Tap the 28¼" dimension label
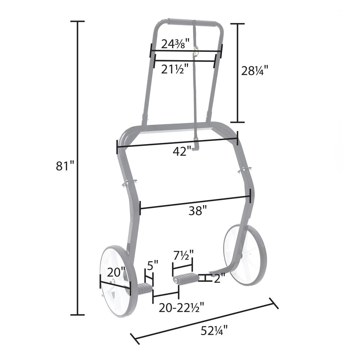(255, 71)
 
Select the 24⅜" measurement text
(175, 44)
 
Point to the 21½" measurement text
(175, 69)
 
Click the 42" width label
(182, 152)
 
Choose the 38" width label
(198, 211)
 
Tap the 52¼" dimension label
(214, 330)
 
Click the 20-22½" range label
(181, 307)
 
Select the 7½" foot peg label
(184, 255)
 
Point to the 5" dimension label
(153, 266)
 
